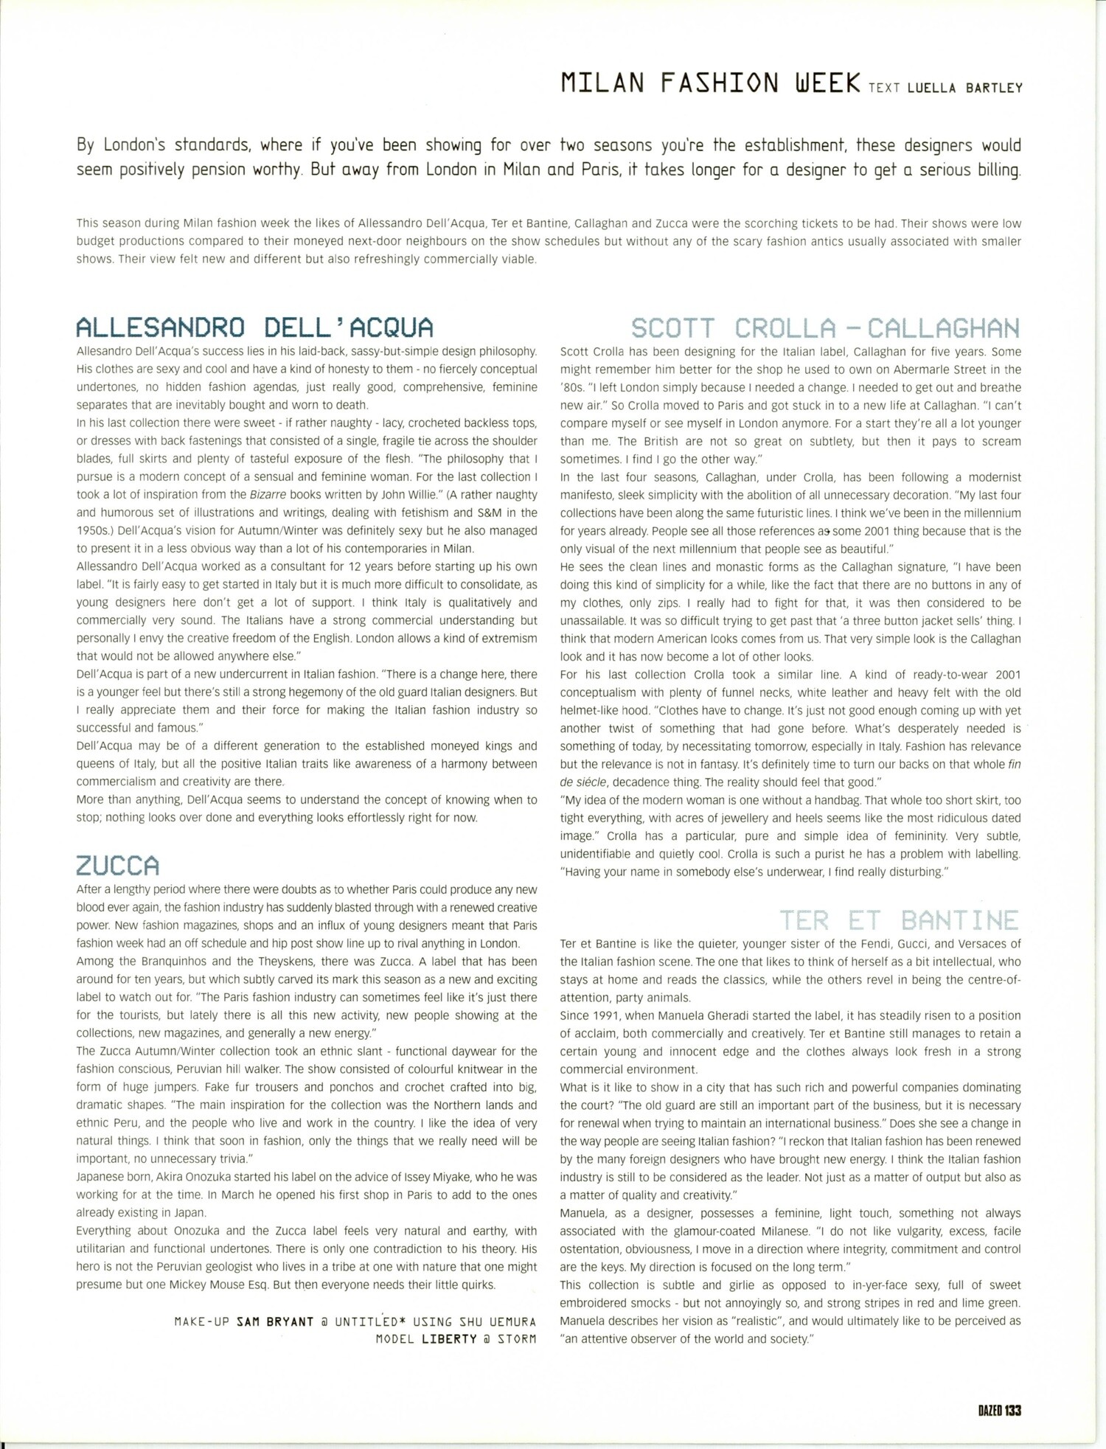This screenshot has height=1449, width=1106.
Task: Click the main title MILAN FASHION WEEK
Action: (x=710, y=83)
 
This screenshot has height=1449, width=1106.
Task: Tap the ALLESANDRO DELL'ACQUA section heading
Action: (x=255, y=327)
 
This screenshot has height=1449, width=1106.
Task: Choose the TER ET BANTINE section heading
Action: (x=900, y=920)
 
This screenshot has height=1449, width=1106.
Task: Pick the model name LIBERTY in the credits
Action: (x=449, y=1340)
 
